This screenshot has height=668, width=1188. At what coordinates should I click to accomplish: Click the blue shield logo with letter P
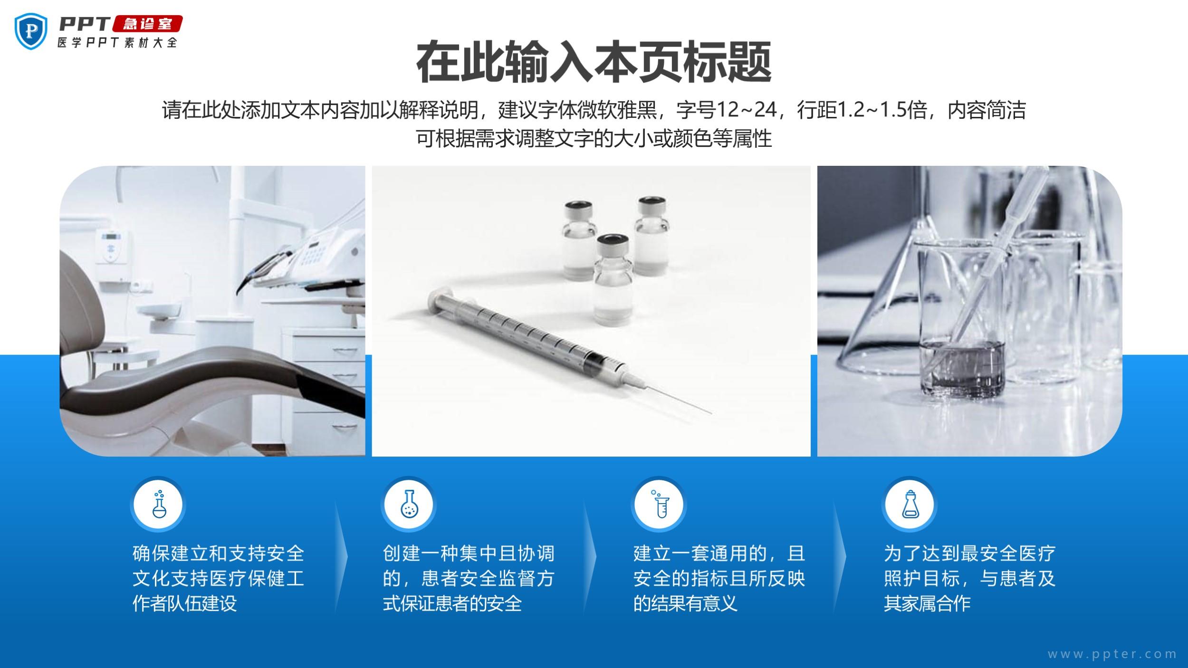tap(31, 31)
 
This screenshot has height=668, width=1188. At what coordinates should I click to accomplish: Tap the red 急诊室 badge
tap(148, 24)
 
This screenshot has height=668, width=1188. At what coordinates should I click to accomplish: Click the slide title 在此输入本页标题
tap(594, 62)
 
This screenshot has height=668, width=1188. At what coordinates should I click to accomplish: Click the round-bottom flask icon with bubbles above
tap(158, 504)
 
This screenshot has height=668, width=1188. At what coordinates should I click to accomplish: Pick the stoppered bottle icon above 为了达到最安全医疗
tap(910, 504)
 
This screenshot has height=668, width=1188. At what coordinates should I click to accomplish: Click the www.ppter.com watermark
tap(1112, 654)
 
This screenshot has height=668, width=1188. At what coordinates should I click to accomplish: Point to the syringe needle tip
tap(711, 413)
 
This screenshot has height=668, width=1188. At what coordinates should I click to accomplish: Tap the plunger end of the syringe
tap(436, 301)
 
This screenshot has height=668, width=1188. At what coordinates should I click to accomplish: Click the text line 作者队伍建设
tap(184, 603)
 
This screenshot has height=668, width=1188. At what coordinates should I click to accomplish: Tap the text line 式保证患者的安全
tap(452, 603)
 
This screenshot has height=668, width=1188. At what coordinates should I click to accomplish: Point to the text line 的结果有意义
tap(685, 603)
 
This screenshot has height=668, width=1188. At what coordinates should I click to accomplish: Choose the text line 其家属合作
tap(927, 603)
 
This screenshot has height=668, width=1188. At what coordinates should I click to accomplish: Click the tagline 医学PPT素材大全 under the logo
tap(117, 42)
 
